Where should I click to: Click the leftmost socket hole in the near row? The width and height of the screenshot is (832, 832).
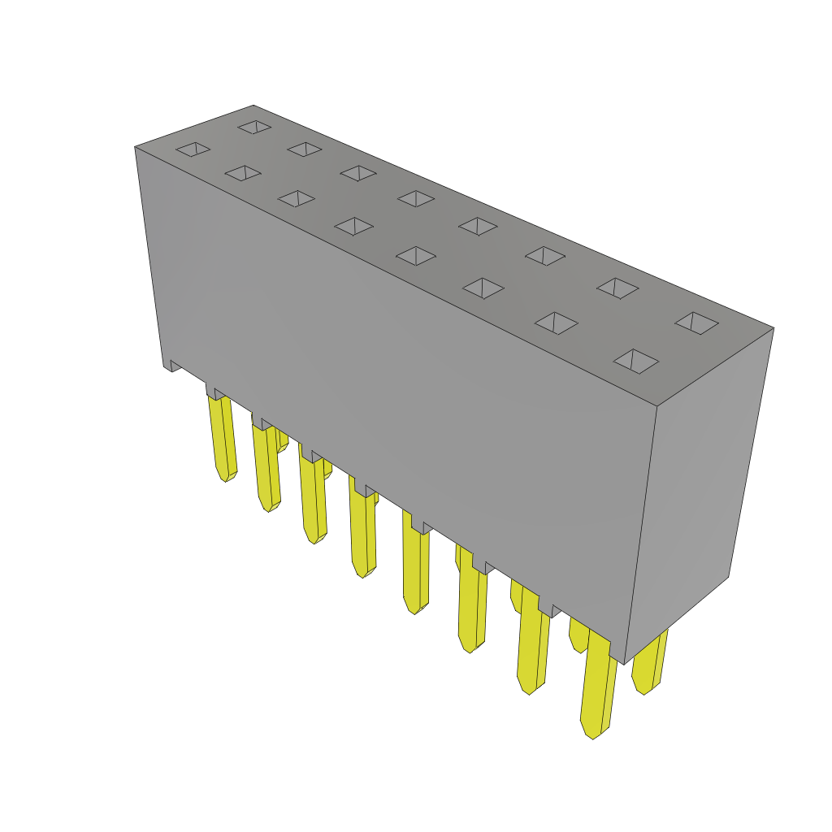pyautogui.click(x=193, y=149)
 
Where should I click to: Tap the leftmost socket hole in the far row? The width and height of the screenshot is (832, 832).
pyautogui.click(x=254, y=127)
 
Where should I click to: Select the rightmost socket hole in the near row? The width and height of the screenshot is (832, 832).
pyautogui.click(x=635, y=361)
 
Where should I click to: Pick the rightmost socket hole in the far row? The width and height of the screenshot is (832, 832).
pyautogui.click(x=696, y=323)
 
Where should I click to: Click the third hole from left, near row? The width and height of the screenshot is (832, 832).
pyautogui.click(x=297, y=198)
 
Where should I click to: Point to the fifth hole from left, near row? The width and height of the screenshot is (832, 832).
pyautogui.click(x=416, y=255)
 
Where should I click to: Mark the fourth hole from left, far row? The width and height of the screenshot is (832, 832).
pyautogui.click(x=416, y=198)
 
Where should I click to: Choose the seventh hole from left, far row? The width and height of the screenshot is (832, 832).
pyautogui.click(x=617, y=288)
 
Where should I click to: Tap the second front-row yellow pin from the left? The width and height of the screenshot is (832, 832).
pyautogui.click(x=266, y=467)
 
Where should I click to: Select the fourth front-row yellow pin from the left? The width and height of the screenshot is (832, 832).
pyautogui.click(x=363, y=532)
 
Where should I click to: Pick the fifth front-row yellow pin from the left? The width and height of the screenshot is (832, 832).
pyautogui.click(x=415, y=569)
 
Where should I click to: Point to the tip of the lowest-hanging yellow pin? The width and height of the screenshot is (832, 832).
pyautogui.click(x=592, y=732)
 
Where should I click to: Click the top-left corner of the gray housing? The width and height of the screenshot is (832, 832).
pyautogui.click(x=136, y=147)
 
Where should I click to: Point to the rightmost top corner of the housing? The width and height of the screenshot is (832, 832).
pyautogui.click(x=773, y=328)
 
